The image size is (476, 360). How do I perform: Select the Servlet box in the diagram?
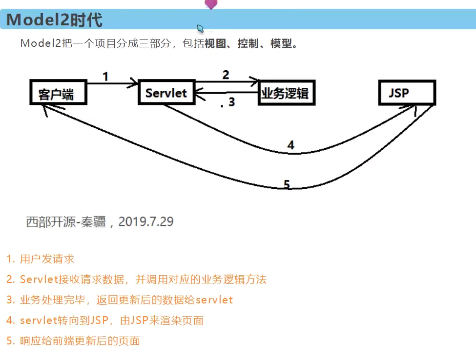pyautogui.click(x=166, y=92)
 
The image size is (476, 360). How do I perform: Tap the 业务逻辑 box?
pyautogui.click(x=286, y=92)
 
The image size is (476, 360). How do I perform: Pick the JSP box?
pyautogui.click(x=406, y=92)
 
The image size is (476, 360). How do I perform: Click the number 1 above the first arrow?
pyautogui.click(x=105, y=76)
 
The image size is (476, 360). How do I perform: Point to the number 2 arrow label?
pyautogui.click(x=226, y=75)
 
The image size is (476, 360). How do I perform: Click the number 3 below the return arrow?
pyautogui.click(x=231, y=102)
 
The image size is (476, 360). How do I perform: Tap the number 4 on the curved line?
pyautogui.click(x=290, y=145)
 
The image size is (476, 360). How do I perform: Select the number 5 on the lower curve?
pyautogui.click(x=287, y=184)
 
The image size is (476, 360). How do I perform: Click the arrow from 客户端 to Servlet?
pyautogui.click(x=112, y=84)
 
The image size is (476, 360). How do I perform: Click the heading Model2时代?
pyautogui.click(x=54, y=20)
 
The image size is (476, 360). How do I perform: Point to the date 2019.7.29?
pyautogui.click(x=146, y=222)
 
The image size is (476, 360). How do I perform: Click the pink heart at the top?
pyautogui.click(x=211, y=4)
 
